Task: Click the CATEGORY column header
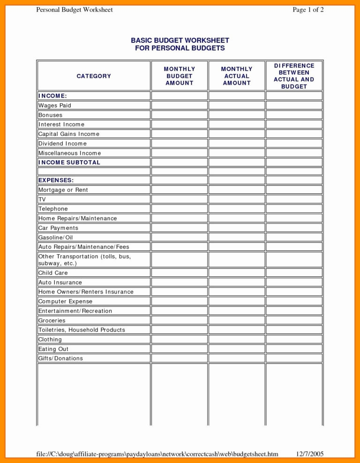pyautogui.click(x=94, y=76)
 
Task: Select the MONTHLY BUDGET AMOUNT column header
pyautogui.click(x=179, y=76)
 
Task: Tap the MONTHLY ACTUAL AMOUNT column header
pyautogui.click(x=237, y=76)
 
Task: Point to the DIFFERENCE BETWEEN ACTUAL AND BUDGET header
pyautogui.click(x=294, y=76)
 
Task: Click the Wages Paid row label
pyautogui.click(x=55, y=106)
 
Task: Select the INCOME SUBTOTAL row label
pyautogui.click(x=69, y=162)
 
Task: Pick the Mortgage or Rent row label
pyautogui.click(x=63, y=190)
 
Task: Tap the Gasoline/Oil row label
pyautogui.click(x=56, y=237)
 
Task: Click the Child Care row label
pyautogui.click(x=53, y=273)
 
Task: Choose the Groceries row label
pyautogui.click(x=52, y=320)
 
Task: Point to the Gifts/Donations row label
pyautogui.click(x=60, y=358)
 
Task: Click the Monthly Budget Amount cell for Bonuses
pyautogui.click(x=179, y=115)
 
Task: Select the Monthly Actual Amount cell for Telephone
pyautogui.click(x=237, y=209)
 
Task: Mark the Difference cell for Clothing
pyautogui.click(x=294, y=339)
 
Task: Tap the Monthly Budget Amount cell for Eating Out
pyautogui.click(x=179, y=349)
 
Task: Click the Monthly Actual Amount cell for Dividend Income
pyautogui.click(x=237, y=144)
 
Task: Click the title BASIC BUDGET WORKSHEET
pyautogui.click(x=180, y=41)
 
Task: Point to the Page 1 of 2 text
pyautogui.click(x=308, y=10)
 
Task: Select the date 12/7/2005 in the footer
pyautogui.click(x=310, y=454)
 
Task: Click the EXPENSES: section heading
pyautogui.click(x=56, y=180)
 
